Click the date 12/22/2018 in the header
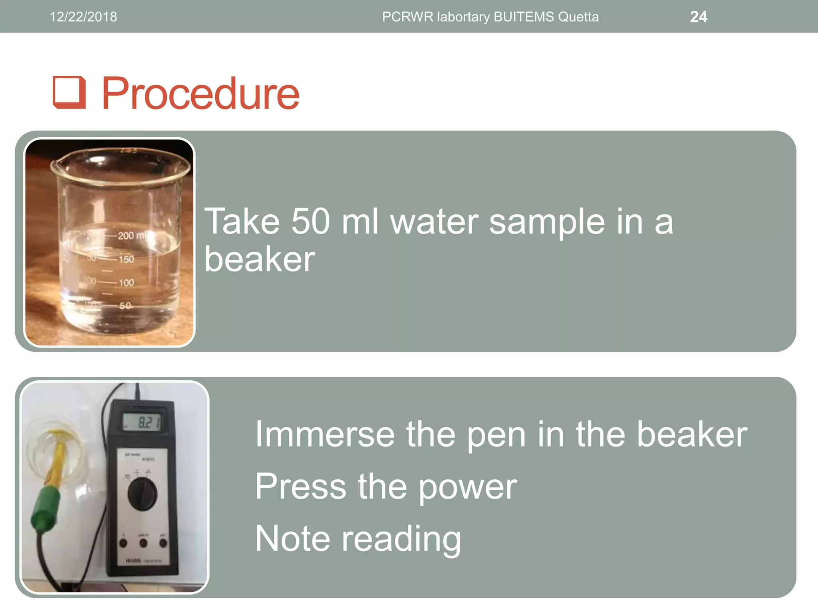[x=83, y=17]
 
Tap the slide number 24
[x=698, y=17]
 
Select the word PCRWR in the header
[x=407, y=17]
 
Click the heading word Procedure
[x=201, y=94]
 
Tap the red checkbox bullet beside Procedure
[x=69, y=93]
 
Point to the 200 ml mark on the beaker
[x=132, y=235]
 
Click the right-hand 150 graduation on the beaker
[x=126, y=259]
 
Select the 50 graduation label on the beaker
[x=125, y=306]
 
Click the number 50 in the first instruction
[x=310, y=221]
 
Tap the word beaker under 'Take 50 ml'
[x=260, y=259]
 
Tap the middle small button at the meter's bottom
[x=143, y=543]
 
